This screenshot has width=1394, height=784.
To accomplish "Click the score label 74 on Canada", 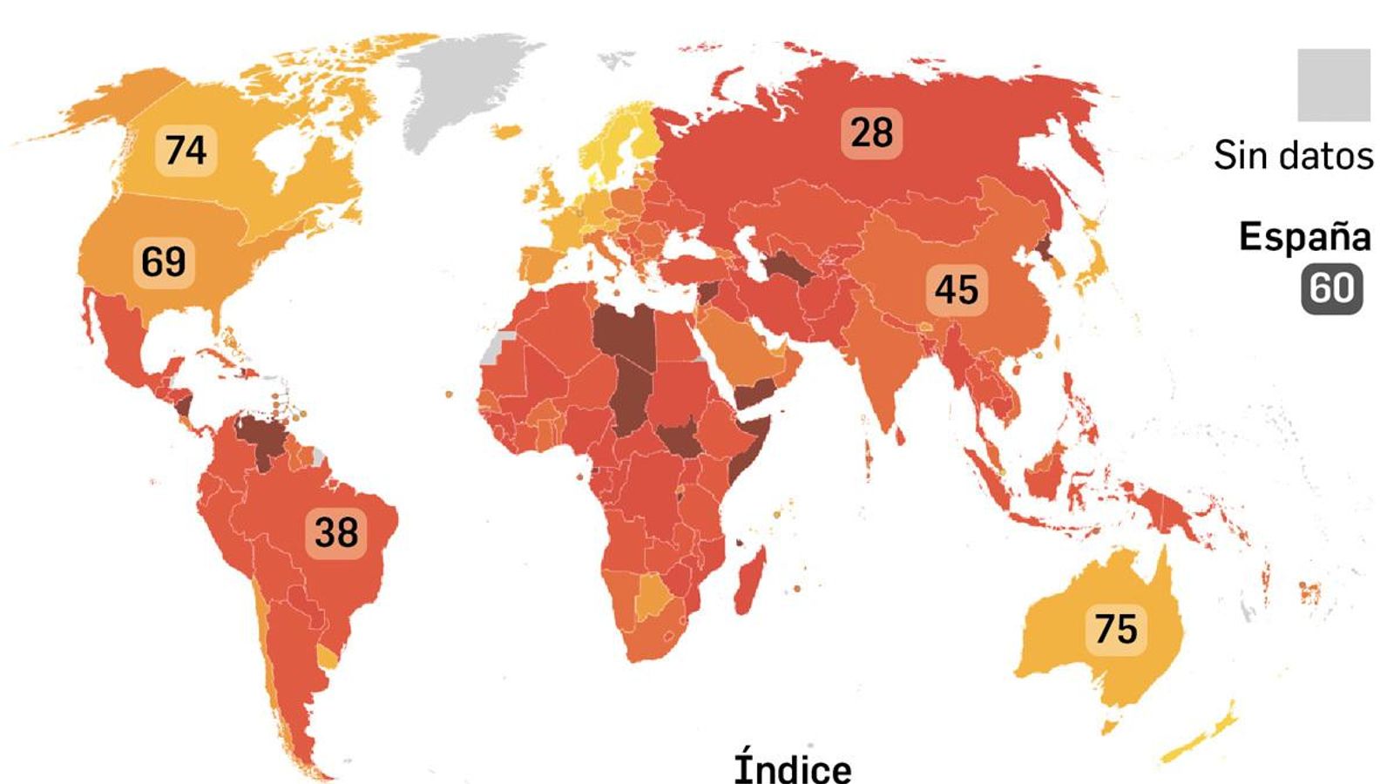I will coord(186,150).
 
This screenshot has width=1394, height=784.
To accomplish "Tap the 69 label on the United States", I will coord(164,261).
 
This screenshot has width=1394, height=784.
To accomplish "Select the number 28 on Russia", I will coord(871,132).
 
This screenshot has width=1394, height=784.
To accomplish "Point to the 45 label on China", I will coord(956,289).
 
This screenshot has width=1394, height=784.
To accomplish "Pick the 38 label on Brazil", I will coord(336,531).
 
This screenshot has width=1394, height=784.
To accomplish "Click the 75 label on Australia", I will coord(1115,628).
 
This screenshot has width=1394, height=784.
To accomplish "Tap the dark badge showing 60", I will coord(1332,288).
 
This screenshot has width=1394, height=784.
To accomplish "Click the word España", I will coord(1304,237).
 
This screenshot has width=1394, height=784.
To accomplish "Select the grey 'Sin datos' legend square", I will coord(1333,84).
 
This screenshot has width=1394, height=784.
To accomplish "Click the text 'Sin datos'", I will coord(1293,156).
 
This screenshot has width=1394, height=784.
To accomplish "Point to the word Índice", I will coord(793,767).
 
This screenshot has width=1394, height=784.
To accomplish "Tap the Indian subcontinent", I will coord(884,366).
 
